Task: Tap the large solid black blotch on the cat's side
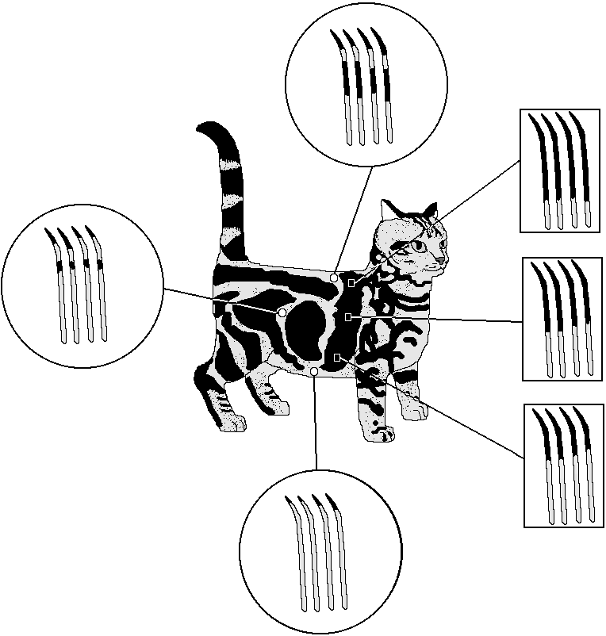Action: point(305,329)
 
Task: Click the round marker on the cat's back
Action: point(335,278)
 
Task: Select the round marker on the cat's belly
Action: point(315,371)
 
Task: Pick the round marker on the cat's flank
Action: point(282,312)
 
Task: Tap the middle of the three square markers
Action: point(347,317)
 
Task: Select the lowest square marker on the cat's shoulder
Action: point(338,358)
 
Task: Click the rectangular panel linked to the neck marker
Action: point(560,170)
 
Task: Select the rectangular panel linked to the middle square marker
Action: point(562,319)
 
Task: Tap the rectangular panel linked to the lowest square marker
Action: point(563,466)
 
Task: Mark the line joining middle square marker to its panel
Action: point(436,320)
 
